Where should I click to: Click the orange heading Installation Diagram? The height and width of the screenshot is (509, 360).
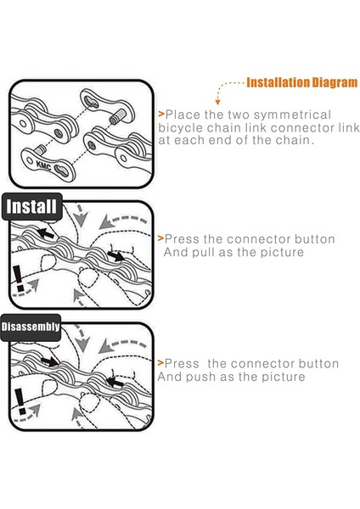click(302, 82)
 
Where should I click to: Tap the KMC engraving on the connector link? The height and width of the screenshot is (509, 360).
click(43, 165)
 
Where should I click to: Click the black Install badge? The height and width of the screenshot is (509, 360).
click(32, 207)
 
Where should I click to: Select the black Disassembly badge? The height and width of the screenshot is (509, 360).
click(31, 327)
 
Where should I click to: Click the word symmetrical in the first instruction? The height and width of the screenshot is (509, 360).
click(292, 115)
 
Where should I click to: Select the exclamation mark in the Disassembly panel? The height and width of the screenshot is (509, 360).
click(20, 401)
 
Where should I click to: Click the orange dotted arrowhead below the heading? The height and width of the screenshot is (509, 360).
click(217, 102)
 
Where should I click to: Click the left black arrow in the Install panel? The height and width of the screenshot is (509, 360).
click(45, 233)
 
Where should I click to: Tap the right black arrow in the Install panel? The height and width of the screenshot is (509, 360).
click(116, 256)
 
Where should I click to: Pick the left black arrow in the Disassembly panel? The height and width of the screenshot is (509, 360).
click(49, 361)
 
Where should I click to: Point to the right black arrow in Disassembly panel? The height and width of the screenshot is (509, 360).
click(115, 382)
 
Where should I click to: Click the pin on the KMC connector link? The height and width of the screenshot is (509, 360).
click(41, 149)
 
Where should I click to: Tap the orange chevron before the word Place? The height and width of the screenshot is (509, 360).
click(161, 114)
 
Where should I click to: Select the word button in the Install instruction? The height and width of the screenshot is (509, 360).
click(314, 239)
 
